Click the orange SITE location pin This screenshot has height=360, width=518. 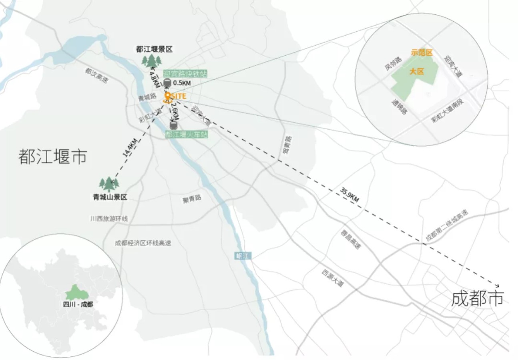(168, 97)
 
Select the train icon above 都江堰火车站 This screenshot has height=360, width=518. (173, 125)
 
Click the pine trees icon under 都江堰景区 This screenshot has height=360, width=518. (152, 61)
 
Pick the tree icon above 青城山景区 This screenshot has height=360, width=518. (109, 184)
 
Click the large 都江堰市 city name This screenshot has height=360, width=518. (52, 157)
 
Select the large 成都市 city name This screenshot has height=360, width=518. (477, 298)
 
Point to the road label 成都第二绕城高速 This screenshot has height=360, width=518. (446, 225)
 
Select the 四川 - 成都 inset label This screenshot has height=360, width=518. (78, 304)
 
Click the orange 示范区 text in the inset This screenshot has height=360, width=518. (422, 52)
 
